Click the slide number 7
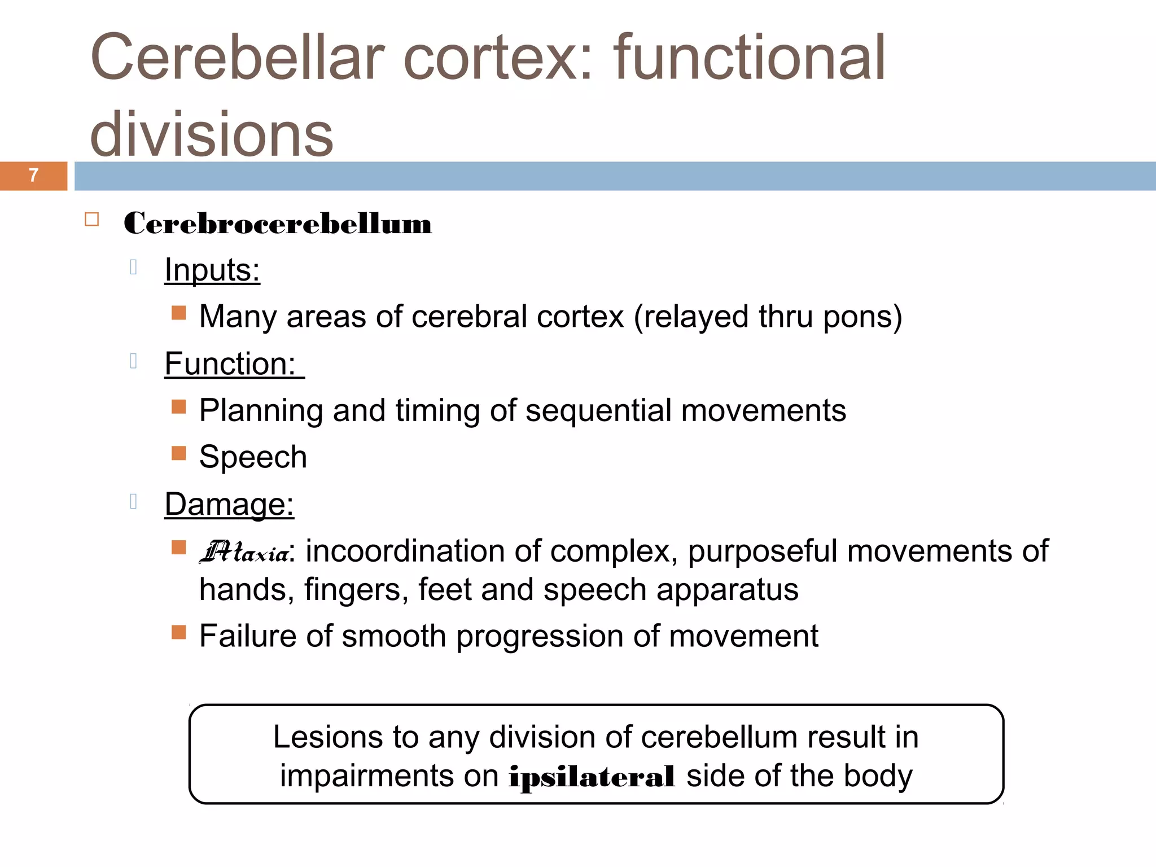pos(33,176)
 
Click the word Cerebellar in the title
pos(237,58)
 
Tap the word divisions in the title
pos(212,134)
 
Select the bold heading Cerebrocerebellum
pos(278,224)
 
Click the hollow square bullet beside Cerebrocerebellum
pos(92,220)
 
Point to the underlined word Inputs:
pos(212,270)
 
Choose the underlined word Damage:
pos(229,504)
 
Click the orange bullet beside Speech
pos(179,453)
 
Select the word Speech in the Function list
pos(253,457)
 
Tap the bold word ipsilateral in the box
pos(591,777)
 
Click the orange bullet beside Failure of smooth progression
pos(179,632)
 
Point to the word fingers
pos(356,590)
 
